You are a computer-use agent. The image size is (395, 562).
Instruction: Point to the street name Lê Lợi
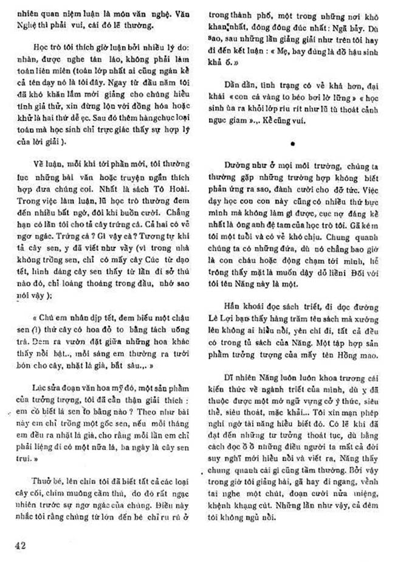point(232,317)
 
